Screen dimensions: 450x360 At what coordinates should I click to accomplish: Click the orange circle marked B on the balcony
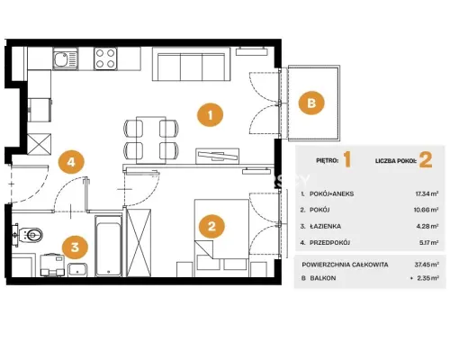click(x=311, y=103)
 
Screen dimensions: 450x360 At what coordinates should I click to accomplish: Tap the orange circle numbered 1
click(x=210, y=115)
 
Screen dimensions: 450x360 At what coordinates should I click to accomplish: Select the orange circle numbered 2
click(x=211, y=226)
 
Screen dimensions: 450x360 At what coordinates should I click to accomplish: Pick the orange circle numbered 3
click(x=75, y=247)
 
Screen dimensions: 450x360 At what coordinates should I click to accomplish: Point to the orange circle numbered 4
click(x=71, y=162)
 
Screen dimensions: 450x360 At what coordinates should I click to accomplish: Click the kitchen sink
click(x=66, y=58)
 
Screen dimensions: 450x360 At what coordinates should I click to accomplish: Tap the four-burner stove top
click(x=105, y=58)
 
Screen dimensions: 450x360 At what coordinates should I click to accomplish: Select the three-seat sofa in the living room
click(x=191, y=64)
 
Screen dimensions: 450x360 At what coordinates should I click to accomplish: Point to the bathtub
click(x=108, y=246)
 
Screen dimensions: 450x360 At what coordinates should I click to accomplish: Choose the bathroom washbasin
click(x=77, y=270)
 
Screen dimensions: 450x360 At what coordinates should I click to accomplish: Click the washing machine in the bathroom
click(x=52, y=265)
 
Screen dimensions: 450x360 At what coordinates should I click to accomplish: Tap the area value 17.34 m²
click(x=427, y=193)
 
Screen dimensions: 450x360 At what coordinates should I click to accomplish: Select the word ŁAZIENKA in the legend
click(x=325, y=226)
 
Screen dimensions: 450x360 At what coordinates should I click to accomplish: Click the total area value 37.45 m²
click(x=427, y=265)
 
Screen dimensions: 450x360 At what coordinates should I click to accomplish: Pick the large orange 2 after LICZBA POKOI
click(x=426, y=160)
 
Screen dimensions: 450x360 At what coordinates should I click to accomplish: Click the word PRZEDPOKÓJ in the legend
click(x=330, y=242)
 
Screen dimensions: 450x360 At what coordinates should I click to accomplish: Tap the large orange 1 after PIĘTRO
click(x=347, y=159)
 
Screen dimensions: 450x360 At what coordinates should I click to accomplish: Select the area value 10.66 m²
click(x=426, y=210)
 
